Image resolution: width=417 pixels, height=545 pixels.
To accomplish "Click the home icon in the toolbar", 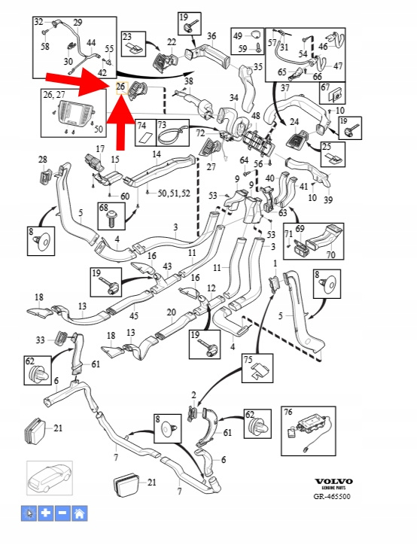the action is (x=80, y=513).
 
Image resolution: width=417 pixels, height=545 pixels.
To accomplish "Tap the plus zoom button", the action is (x=46, y=513).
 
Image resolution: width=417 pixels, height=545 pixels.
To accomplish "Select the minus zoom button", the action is (x=62, y=513).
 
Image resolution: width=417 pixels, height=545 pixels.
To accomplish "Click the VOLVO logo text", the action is (x=333, y=482).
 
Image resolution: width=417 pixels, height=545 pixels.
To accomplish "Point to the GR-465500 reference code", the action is (x=332, y=496).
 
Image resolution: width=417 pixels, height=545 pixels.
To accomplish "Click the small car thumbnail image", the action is (x=50, y=478).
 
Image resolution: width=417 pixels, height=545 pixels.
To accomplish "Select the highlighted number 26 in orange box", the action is (x=121, y=87).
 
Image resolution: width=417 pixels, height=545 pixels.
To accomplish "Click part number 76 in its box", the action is (x=288, y=412).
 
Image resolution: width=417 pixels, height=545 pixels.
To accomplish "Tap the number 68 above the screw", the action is (x=104, y=208).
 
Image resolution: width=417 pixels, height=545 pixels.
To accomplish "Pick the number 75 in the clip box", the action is (x=248, y=359).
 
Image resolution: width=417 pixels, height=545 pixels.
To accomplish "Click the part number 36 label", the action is (x=212, y=36).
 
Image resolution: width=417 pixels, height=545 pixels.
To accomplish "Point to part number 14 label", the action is (x=157, y=154).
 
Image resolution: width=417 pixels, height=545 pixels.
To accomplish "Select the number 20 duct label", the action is (x=172, y=312).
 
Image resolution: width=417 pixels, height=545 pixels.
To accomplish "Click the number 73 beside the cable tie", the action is (x=162, y=124).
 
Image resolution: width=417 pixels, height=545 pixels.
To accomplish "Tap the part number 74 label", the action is (x=142, y=125).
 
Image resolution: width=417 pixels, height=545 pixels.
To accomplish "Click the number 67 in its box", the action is (x=325, y=87).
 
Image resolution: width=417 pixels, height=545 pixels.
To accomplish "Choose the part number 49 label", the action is (x=238, y=36).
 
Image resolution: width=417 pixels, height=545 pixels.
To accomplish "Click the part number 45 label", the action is (x=134, y=315).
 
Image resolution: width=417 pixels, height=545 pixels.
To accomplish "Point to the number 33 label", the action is (x=41, y=339).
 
